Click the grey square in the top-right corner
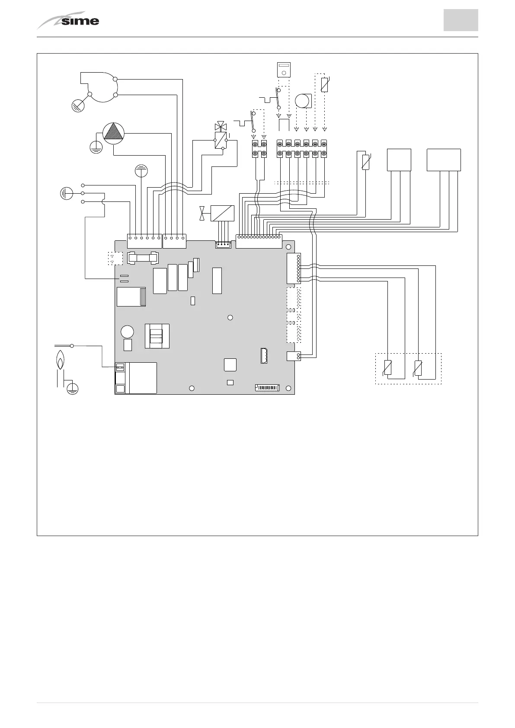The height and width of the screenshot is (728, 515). click(x=461, y=20)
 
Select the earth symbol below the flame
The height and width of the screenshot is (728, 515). click(x=73, y=388)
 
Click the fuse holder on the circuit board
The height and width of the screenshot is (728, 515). click(x=143, y=258)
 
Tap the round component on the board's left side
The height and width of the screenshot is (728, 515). click(x=127, y=332)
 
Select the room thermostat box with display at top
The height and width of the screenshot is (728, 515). click(x=284, y=70)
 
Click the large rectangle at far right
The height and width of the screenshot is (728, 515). click(x=443, y=160)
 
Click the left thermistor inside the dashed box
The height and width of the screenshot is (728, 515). click(x=388, y=368)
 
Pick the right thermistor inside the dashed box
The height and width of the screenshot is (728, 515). click(x=418, y=368)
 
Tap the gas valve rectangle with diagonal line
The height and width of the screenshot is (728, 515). click(x=222, y=214)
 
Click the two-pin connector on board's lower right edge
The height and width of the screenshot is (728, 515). click(x=293, y=356)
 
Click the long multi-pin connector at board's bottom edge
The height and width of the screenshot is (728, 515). click(x=267, y=388)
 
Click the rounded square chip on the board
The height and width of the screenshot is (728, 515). click(x=230, y=364)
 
